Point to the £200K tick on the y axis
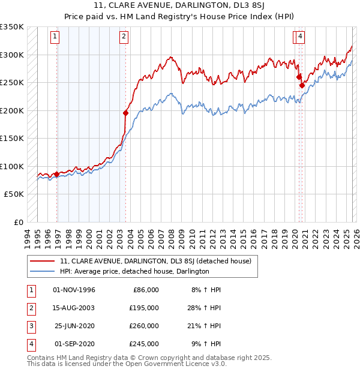tap(12, 110)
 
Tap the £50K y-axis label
tap(14, 194)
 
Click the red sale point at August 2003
tap(125, 113)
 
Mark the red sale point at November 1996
tap(57, 174)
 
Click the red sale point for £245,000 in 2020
tap(302, 85)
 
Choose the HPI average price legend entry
tap(134, 271)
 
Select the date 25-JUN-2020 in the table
tap(74, 326)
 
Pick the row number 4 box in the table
tap(29, 344)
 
